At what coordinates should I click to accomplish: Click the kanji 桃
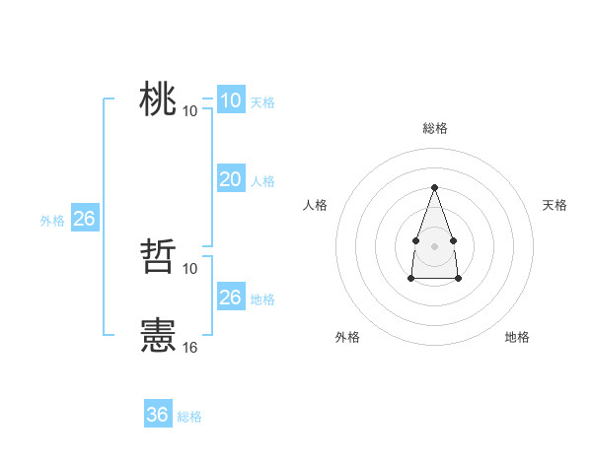(158, 100)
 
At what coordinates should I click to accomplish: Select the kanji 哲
(158, 258)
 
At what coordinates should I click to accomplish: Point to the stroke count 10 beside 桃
(190, 110)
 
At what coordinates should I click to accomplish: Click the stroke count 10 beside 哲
(190, 268)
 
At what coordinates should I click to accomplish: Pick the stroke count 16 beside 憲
(190, 347)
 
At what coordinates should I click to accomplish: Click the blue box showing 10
(230, 100)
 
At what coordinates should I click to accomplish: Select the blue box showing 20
(230, 179)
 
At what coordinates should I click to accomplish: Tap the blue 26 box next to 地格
(230, 298)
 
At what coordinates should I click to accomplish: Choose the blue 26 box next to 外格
(84, 219)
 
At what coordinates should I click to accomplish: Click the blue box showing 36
(158, 415)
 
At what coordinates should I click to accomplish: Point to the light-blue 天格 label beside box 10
(262, 102)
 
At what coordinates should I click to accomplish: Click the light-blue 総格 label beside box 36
(189, 417)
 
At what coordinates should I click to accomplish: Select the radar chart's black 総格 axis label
(434, 128)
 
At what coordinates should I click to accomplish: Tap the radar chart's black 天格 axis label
(555, 205)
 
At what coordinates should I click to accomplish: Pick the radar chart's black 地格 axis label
(517, 337)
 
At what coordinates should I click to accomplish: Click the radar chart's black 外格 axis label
(347, 337)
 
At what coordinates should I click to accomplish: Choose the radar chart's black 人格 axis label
(316, 205)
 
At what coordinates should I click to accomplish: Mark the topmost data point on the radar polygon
(434, 187)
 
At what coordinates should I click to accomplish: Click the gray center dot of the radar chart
(434, 244)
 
